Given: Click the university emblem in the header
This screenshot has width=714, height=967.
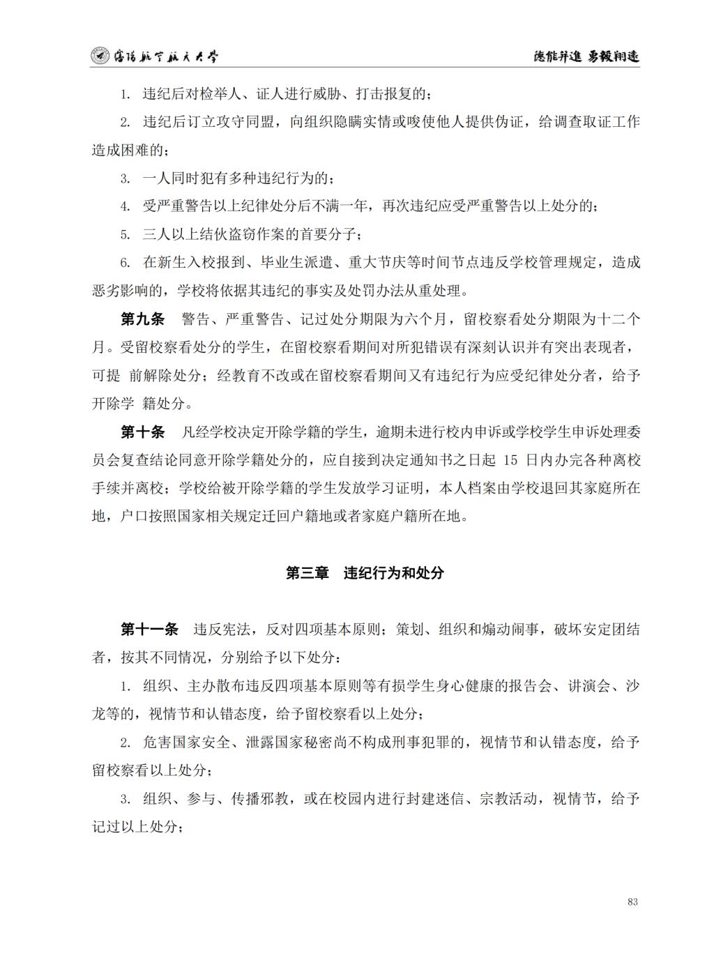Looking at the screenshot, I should pyautogui.click(x=100, y=56).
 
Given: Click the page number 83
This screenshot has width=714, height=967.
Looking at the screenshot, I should pyautogui.click(x=632, y=901).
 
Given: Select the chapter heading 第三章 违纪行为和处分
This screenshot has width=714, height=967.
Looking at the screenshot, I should pyautogui.click(x=365, y=573).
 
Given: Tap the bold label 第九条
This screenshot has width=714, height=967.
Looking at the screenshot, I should pyautogui.click(x=142, y=319).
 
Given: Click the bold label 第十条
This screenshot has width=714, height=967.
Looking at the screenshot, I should pyautogui.click(x=142, y=432).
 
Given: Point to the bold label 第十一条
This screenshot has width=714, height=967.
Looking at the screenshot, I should pyautogui.click(x=149, y=630).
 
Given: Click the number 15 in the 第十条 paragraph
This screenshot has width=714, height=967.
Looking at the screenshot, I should pyautogui.click(x=510, y=460).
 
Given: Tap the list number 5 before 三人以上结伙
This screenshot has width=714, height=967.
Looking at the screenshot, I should pyautogui.click(x=126, y=235).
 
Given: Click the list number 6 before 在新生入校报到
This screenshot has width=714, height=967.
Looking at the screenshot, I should pyautogui.click(x=126, y=263).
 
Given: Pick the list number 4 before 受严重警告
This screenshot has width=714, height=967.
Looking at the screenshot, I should pyautogui.click(x=126, y=207).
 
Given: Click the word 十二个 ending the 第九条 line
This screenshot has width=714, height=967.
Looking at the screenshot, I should pyautogui.click(x=618, y=319).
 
